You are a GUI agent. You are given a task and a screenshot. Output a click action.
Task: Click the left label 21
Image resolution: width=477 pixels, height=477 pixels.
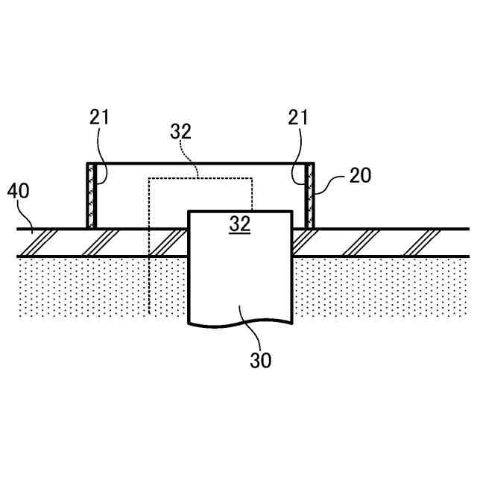(x=99, y=117)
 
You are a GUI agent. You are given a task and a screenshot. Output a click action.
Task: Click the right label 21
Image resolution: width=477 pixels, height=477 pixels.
(x=297, y=117)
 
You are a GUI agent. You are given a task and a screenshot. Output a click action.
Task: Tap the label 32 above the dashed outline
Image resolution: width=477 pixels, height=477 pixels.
(x=181, y=132)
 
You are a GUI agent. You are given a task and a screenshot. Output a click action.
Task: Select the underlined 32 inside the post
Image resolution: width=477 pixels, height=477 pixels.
(x=239, y=224)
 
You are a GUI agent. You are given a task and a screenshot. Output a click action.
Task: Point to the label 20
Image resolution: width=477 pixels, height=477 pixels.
(x=359, y=175)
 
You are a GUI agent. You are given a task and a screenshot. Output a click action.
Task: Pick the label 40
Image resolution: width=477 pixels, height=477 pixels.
(x=19, y=191)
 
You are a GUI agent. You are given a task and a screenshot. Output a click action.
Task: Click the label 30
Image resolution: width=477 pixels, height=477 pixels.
(x=261, y=361)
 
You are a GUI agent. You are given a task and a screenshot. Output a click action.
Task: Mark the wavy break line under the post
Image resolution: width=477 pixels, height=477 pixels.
(x=239, y=323)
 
